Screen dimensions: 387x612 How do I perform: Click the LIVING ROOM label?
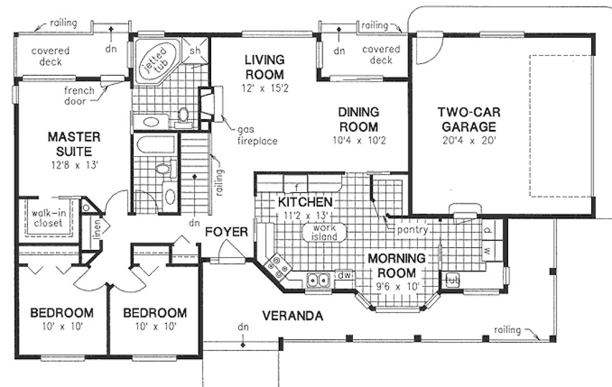264,67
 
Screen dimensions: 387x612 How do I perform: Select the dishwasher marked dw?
344,273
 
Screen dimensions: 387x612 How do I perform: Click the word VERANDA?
292,316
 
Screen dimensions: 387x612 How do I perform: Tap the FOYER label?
226,232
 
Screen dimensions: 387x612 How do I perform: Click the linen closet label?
97,230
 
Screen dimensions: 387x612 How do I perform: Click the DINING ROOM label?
358,119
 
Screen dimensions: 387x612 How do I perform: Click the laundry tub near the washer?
452,280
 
